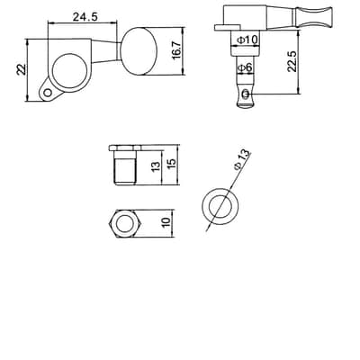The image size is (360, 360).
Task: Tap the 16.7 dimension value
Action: tap(177, 49)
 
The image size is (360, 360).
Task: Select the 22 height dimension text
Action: tap(22, 69)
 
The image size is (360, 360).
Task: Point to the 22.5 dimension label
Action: tap(292, 61)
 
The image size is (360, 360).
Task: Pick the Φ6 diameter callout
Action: tap(245, 68)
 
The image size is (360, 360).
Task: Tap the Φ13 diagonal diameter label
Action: tap(242, 159)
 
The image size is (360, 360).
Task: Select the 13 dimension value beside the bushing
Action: tap(157, 166)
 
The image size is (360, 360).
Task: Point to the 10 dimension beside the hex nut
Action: tap(166, 222)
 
